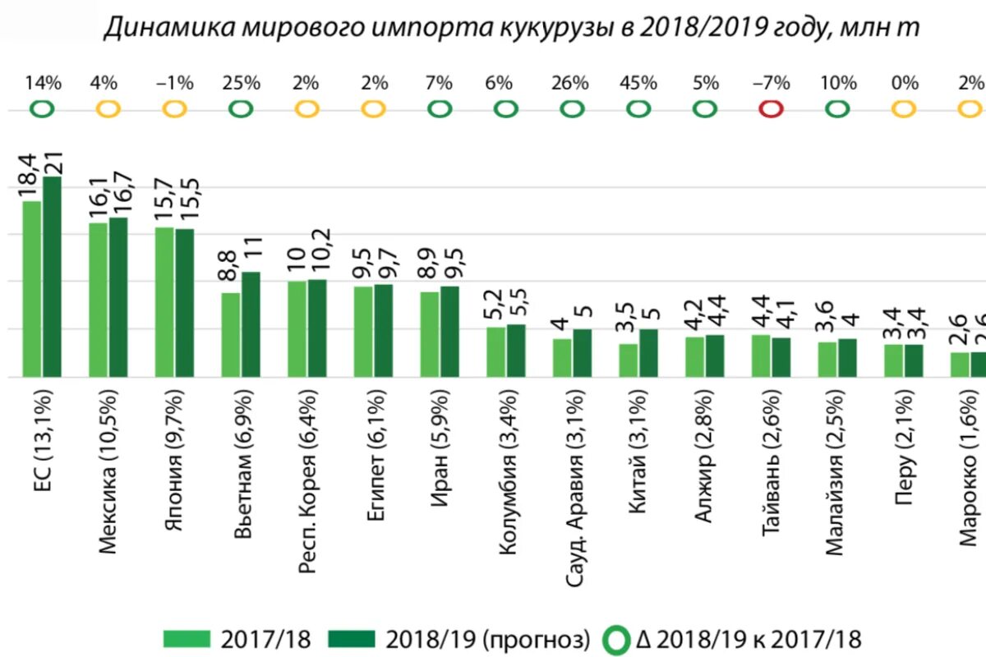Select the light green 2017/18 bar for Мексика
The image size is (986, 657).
coord(99,300)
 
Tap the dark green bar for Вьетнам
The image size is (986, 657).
coord(251,324)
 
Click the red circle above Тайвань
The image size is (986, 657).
coord(771,108)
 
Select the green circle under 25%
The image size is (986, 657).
coord(241,108)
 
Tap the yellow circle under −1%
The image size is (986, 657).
coord(175,108)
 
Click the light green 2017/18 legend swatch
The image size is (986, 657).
coord(188,639)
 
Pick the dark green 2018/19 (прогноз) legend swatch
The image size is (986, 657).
coord(352,639)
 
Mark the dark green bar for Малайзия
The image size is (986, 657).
coord(846,358)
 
